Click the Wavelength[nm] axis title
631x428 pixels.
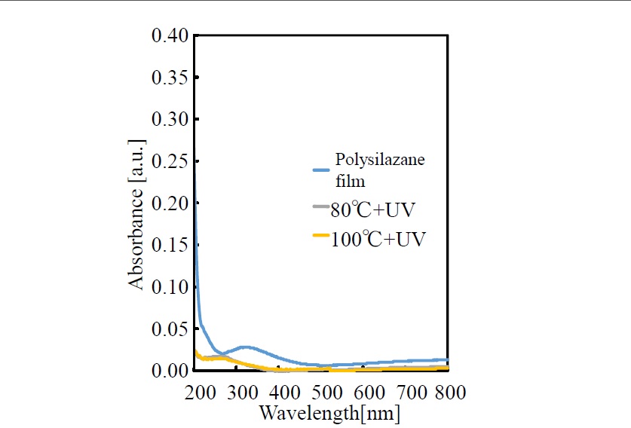[x=329, y=413]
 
